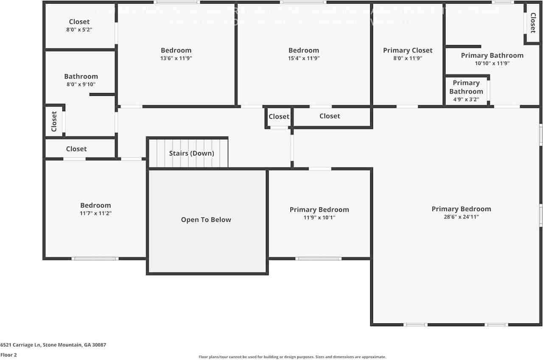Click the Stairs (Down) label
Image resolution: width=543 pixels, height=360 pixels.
191,153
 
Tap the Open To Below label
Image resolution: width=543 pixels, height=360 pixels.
206,220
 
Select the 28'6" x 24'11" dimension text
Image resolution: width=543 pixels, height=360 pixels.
461,217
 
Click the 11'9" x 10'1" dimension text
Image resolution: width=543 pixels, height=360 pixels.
319,218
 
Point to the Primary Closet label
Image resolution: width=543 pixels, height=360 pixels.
408,50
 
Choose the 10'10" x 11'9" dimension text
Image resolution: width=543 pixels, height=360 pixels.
492,64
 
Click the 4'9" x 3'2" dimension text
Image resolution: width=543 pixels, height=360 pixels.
466,100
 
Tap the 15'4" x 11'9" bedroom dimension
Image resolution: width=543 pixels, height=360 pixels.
304,59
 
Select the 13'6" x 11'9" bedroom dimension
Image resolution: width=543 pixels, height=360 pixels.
176,59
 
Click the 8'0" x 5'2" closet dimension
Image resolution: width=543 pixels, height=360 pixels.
79,30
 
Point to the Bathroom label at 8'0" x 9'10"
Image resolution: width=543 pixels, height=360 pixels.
81,76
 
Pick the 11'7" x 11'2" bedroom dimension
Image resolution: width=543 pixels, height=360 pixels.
95,214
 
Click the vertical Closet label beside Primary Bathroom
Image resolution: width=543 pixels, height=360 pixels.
532,23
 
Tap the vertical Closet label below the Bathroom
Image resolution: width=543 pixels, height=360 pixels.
54,121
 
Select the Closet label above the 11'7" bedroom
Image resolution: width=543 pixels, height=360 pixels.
76,149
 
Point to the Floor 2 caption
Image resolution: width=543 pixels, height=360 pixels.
8,355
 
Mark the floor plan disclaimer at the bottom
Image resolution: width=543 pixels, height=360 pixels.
292,357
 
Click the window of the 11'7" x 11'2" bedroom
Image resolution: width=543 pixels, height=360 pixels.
95,259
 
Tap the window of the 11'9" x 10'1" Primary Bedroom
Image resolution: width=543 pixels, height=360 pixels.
319,259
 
